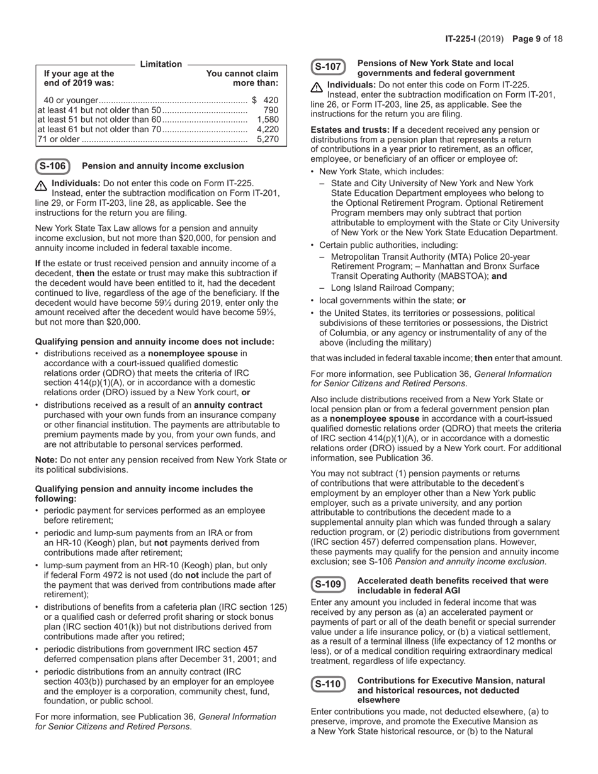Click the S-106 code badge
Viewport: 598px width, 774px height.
click(53, 166)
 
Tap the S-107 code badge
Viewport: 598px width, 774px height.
click(328, 67)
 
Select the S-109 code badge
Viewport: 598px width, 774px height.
click(328, 585)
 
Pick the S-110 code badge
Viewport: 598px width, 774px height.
click(328, 684)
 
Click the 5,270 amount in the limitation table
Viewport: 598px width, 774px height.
click(268, 139)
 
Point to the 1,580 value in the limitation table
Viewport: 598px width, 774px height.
click(268, 120)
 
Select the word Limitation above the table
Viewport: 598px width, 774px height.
click(161, 64)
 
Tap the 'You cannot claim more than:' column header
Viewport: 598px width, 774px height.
click(242, 78)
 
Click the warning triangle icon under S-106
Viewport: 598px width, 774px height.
click(42, 186)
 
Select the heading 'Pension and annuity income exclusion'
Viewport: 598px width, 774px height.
click(163, 166)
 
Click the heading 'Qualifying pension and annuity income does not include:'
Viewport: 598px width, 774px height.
click(155, 342)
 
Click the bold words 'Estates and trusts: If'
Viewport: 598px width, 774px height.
click(354, 130)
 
